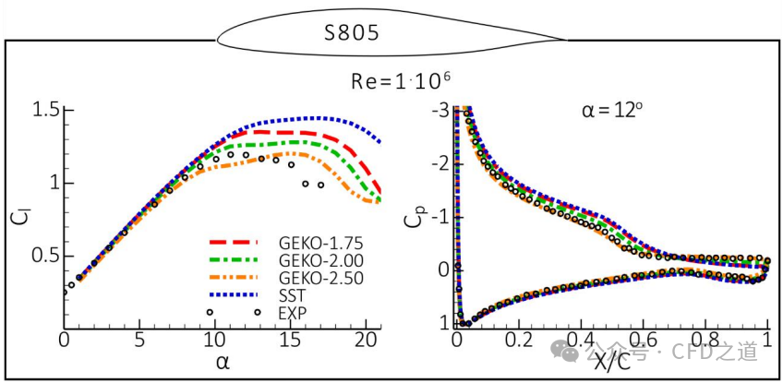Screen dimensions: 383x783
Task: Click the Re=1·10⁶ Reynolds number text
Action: [x=400, y=80]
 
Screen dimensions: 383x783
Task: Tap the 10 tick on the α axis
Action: [x=214, y=341]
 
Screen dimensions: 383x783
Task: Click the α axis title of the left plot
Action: [x=222, y=361]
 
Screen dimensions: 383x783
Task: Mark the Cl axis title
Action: [x=20, y=218]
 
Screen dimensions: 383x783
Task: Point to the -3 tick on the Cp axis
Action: [x=440, y=111]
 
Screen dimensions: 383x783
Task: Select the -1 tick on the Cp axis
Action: [x=440, y=217]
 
